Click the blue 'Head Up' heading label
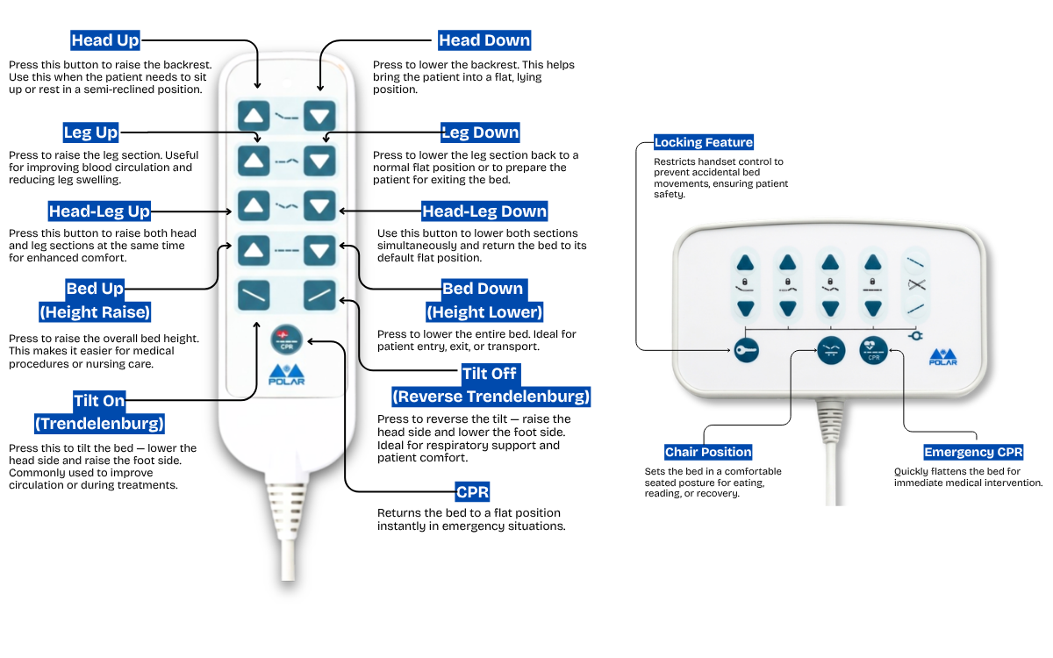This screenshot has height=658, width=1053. click(105, 40)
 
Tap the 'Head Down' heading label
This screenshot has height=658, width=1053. click(484, 40)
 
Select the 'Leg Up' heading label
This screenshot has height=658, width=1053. click(90, 132)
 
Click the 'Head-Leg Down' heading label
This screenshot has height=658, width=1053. click(484, 211)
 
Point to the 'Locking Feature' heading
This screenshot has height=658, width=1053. click(704, 142)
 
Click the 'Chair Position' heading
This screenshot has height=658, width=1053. click(708, 452)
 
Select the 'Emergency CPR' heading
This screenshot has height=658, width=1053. click(973, 452)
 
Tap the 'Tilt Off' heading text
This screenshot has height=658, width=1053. click(491, 374)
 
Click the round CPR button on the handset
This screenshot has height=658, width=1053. click(284, 339)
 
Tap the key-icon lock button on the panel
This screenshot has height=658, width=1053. click(745, 351)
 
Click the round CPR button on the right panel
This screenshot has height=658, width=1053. click(873, 351)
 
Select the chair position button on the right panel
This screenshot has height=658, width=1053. click(831, 351)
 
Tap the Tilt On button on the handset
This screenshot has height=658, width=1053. click(254, 295)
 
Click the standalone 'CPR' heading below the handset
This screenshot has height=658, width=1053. click(473, 491)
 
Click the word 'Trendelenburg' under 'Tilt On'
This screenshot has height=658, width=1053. click(99, 424)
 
